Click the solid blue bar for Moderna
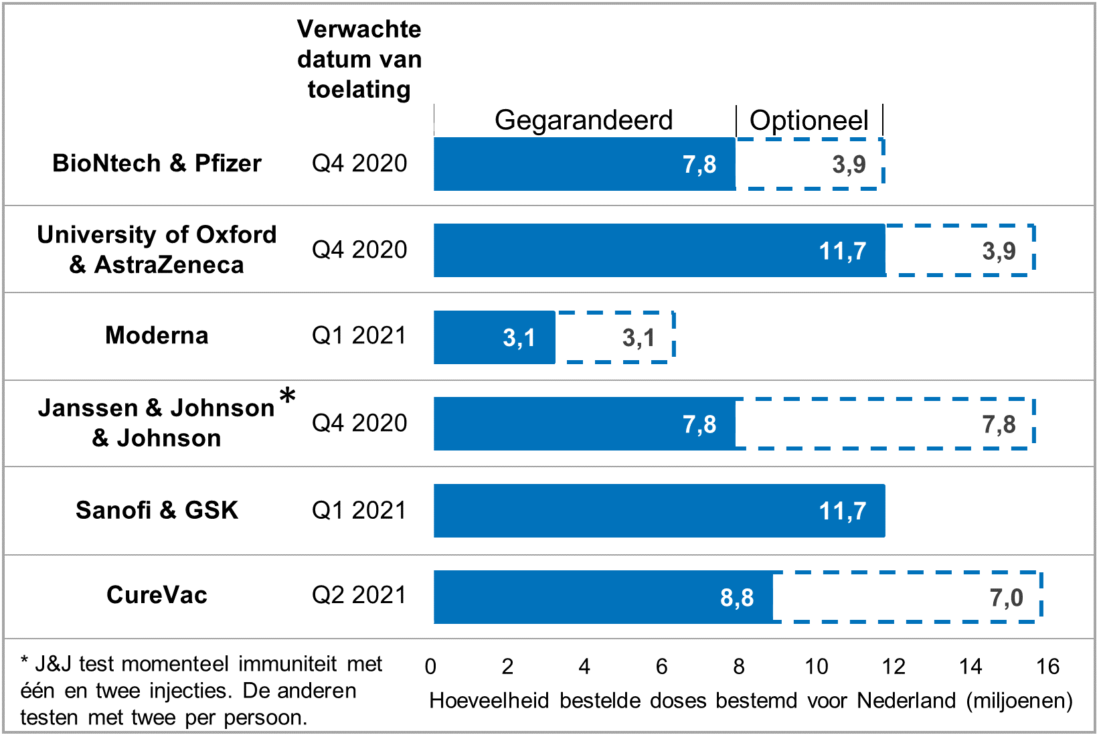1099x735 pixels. point(495,337)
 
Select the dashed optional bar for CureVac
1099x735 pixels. point(908,572)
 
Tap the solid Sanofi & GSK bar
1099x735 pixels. point(659,511)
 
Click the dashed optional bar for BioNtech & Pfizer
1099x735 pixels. point(810,139)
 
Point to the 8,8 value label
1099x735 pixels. point(737,598)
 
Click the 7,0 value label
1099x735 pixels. point(1006,598)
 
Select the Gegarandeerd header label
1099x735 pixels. point(584,120)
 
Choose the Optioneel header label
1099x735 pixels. point(809,120)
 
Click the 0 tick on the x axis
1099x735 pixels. point(430,666)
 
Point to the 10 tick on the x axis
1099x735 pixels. point(817,666)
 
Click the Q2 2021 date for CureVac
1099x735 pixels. point(359,595)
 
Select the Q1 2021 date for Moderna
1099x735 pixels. point(359,335)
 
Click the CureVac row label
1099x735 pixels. point(157,595)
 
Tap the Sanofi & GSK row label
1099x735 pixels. point(157,510)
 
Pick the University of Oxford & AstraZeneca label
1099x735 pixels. point(157,250)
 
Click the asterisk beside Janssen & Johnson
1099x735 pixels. point(288,395)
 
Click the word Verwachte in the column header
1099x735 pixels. point(359,29)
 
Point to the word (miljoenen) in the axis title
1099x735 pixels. point(1019,701)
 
